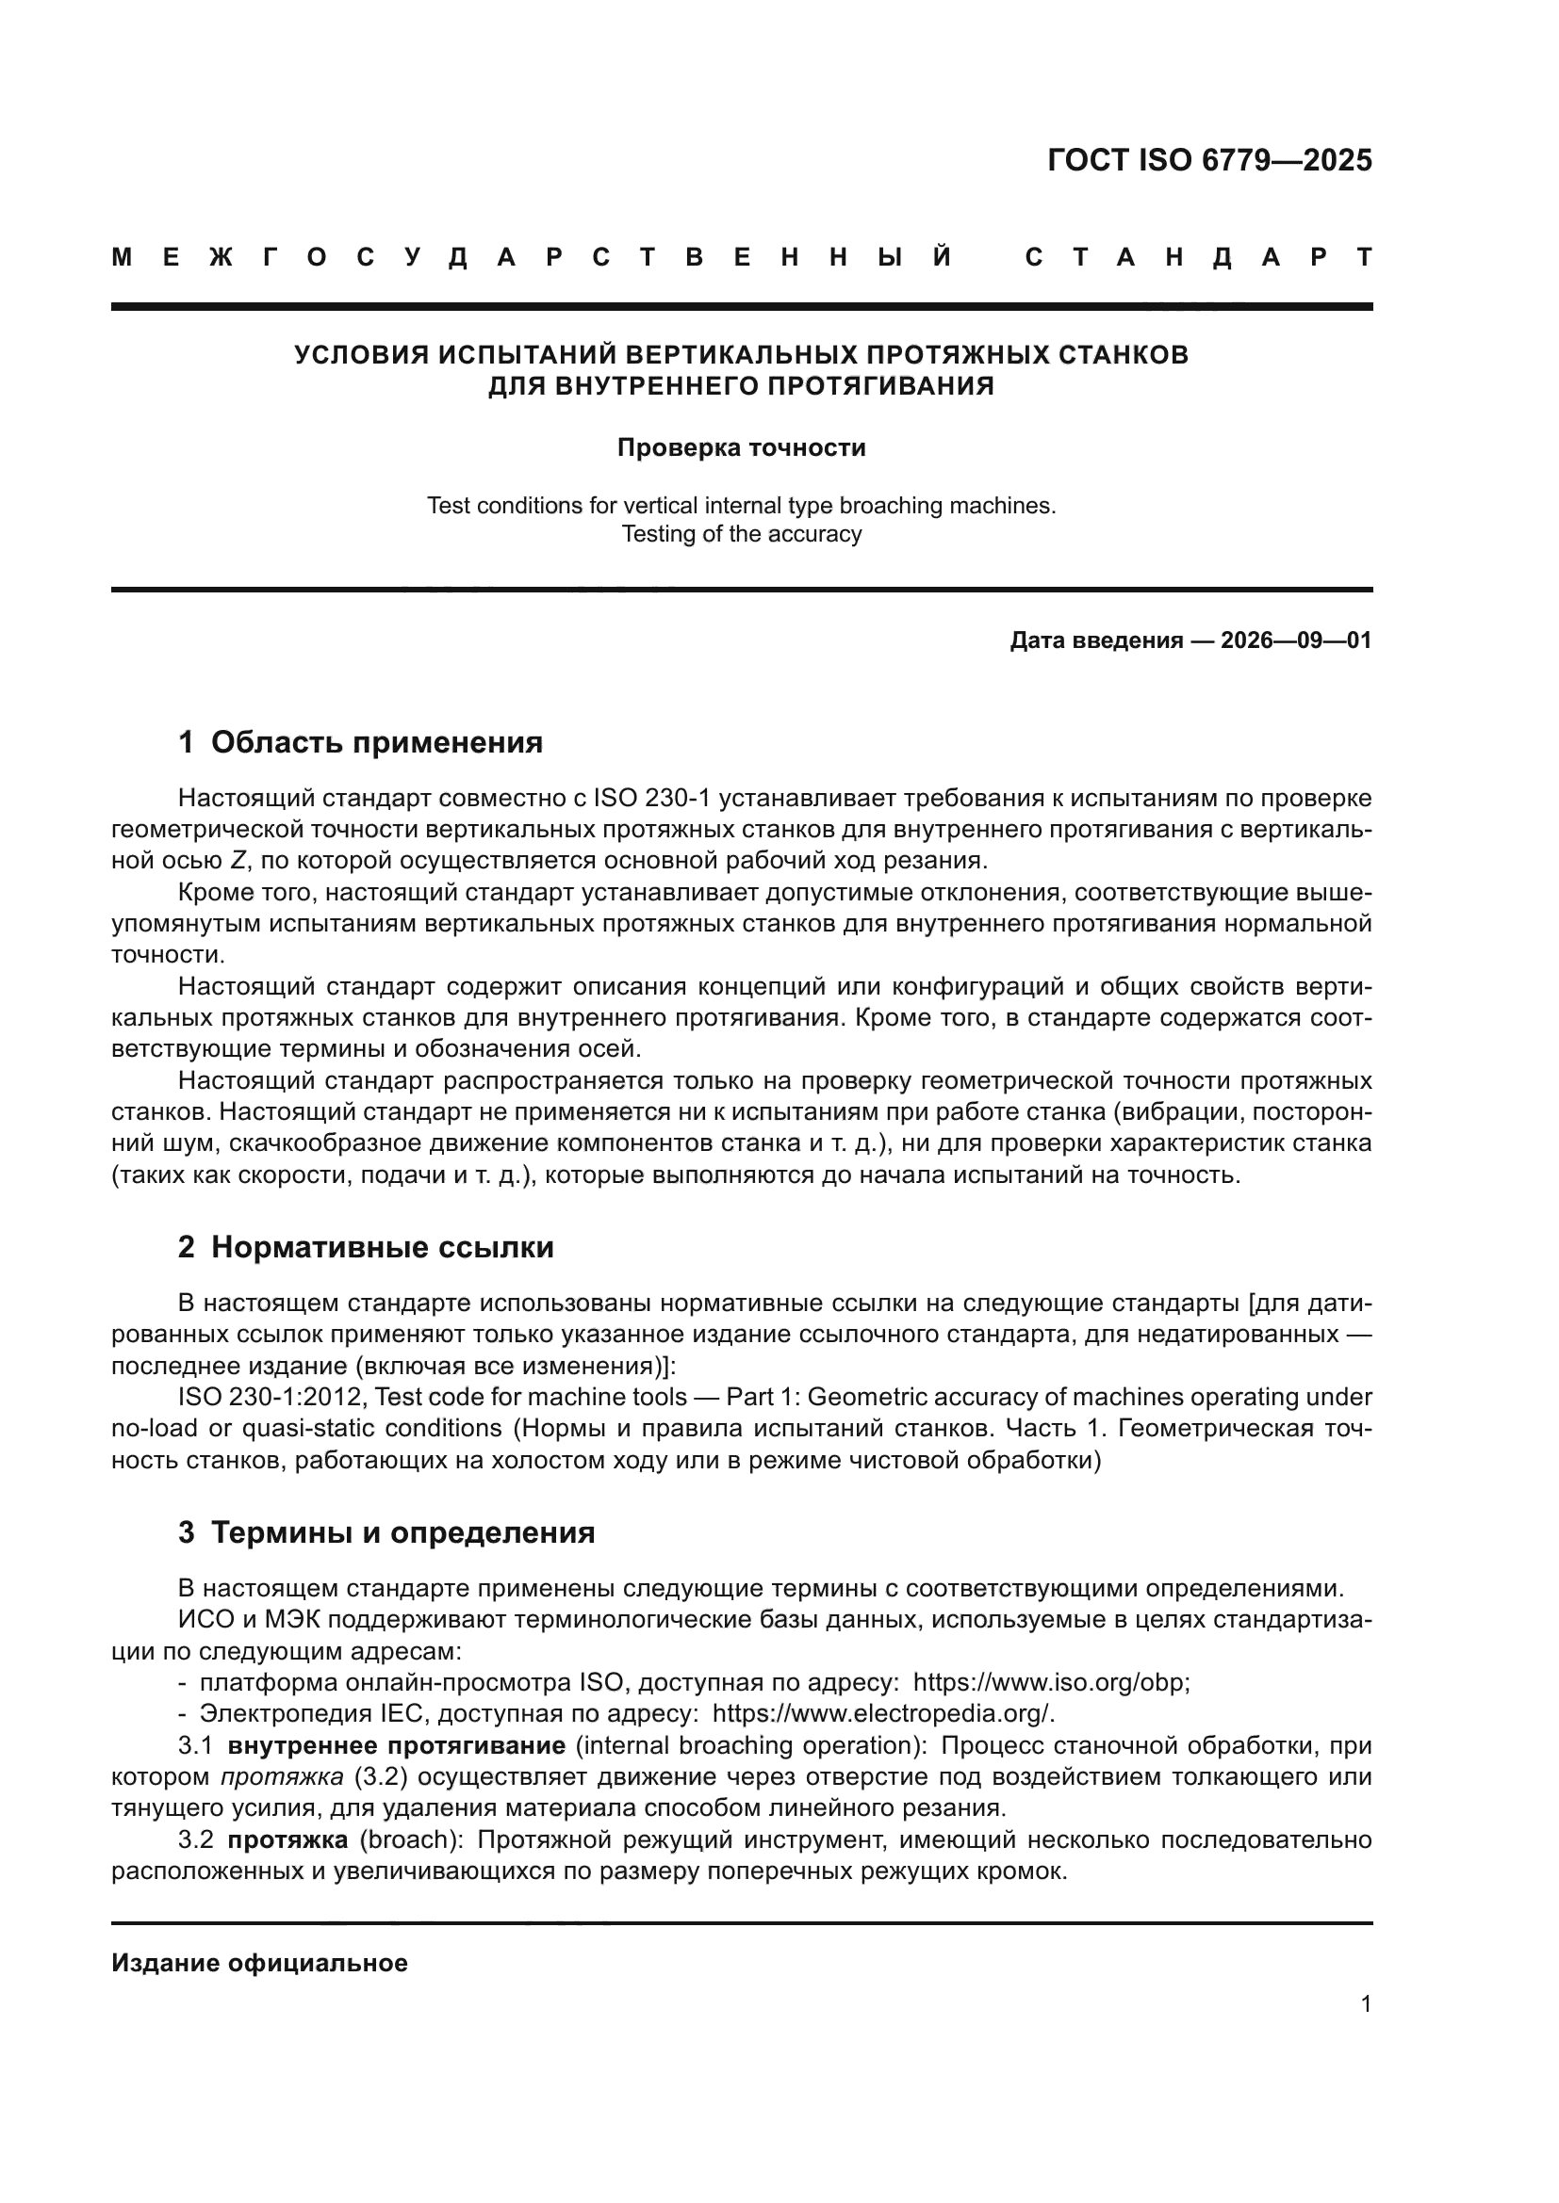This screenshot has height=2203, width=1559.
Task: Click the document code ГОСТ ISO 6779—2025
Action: pyautogui.click(x=1209, y=160)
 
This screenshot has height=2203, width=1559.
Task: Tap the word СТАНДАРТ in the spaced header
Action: pyautogui.click(x=1198, y=258)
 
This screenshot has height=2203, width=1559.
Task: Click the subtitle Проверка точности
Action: pyautogui.click(x=741, y=448)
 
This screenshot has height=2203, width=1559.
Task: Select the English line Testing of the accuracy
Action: pyautogui.click(x=741, y=533)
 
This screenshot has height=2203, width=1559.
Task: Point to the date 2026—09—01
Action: pyautogui.click(x=1296, y=640)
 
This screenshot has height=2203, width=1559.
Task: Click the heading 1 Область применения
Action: pyautogui.click(x=361, y=741)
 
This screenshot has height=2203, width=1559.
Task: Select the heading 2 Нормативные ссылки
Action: pyautogui.click(x=366, y=1247)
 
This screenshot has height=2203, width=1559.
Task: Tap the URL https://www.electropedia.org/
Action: pyautogui.click(x=883, y=1713)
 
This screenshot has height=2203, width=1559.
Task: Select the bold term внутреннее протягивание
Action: pyautogui.click(x=397, y=1745)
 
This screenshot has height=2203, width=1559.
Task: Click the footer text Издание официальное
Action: pyautogui.click(x=260, y=1963)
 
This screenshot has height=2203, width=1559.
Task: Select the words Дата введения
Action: pyautogui.click(x=1095, y=640)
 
